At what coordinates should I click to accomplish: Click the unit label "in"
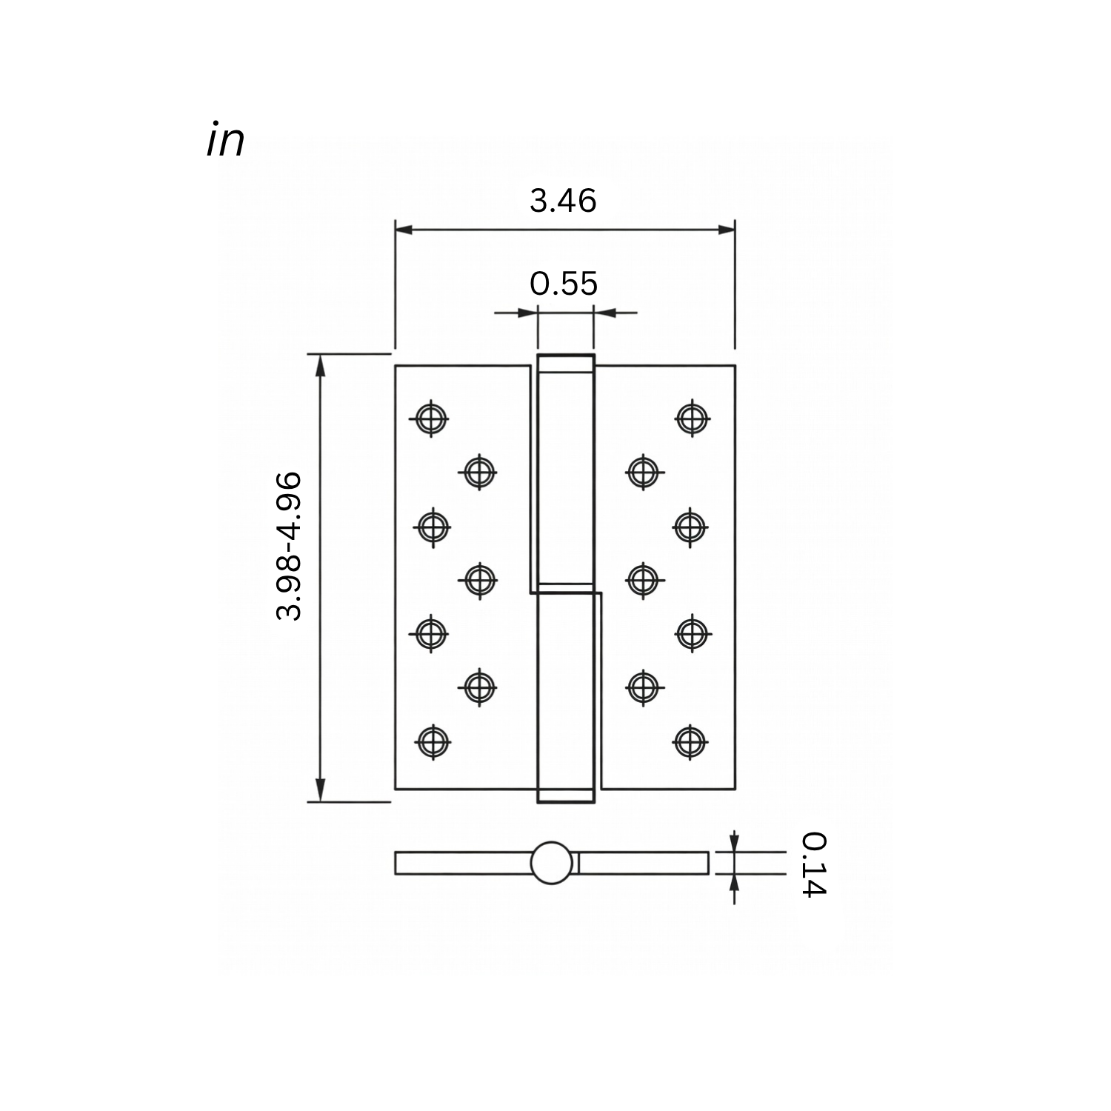[x=225, y=141]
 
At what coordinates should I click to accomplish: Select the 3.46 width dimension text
[x=563, y=201]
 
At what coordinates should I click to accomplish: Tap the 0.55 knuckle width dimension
[x=564, y=284]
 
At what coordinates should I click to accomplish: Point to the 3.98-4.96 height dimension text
[x=289, y=545]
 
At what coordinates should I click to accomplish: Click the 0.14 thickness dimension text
[x=813, y=864]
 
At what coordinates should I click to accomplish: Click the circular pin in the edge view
[x=552, y=864]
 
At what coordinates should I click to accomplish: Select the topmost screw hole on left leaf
[x=430, y=419]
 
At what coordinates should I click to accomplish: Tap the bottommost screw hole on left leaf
[x=432, y=741]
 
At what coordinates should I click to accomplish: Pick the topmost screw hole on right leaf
[x=692, y=418]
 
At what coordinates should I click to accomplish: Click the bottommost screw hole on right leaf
[x=690, y=741]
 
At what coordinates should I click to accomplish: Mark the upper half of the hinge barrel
[x=565, y=474]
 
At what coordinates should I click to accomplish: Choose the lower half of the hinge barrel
[x=566, y=696]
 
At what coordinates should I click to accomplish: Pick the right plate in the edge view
[x=643, y=864]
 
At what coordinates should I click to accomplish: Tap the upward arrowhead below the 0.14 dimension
[x=734, y=883]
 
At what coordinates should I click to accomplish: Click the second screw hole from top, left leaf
[x=479, y=471]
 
